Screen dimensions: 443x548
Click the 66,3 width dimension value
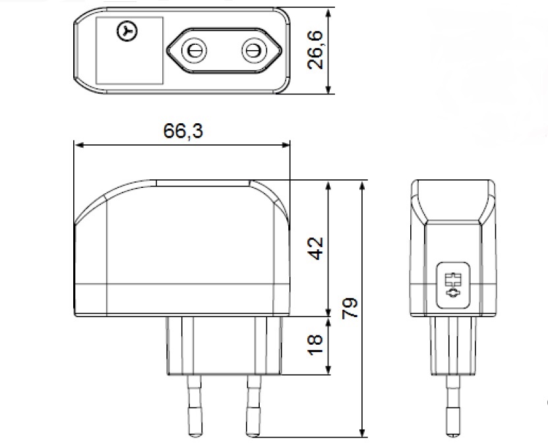tap(183, 131)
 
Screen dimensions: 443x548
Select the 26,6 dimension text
tap(317, 51)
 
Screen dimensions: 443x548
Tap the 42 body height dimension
tap(317, 248)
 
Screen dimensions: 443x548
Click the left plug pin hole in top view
tap(195, 50)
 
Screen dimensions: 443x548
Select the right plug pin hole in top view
tap(252, 50)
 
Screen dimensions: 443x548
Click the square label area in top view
tap(129, 51)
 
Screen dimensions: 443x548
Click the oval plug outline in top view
tap(224, 50)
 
